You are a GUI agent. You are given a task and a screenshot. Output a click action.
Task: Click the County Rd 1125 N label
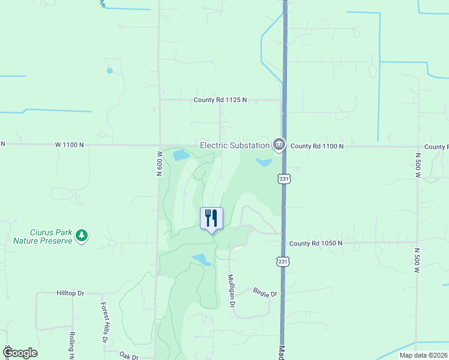(x=220, y=100)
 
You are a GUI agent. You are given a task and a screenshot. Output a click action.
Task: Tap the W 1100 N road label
(x=75, y=145)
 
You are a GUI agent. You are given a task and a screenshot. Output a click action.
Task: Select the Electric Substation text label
(x=235, y=145)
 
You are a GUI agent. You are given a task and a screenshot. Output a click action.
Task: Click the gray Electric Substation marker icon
(x=279, y=145)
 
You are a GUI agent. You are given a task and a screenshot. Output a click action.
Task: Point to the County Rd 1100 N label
(x=316, y=146)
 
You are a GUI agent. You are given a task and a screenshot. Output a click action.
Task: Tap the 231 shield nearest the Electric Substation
(x=284, y=179)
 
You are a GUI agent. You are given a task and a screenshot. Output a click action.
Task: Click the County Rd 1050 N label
(x=315, y=243)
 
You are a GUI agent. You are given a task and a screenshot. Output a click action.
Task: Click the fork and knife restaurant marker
(x=211, y=218)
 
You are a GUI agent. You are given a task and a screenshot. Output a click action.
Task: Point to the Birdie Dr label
(x=266, y=294)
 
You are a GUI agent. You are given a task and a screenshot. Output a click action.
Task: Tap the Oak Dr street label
(x=128, y=356)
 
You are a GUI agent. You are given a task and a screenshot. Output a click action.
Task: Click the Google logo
(x=20, y=353)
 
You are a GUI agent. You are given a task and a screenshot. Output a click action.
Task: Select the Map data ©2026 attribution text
(x=423, y=355)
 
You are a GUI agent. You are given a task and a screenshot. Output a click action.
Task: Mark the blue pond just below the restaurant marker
(x=202, y=259)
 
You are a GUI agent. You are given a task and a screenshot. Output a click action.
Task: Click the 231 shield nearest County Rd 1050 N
(x=283, y=262)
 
